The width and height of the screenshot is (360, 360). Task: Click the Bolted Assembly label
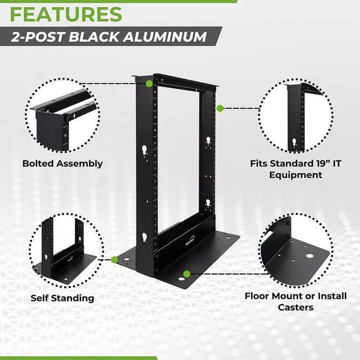(62, 164)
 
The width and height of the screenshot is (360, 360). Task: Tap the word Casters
(295, 307)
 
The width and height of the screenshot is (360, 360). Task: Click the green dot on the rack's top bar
(148, 84)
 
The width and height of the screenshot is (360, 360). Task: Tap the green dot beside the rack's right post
(220, 107)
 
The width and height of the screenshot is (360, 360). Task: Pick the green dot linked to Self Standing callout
(115, 259)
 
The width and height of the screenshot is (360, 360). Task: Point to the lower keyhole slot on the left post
(145, 237)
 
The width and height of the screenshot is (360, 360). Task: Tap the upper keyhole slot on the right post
(208, 140)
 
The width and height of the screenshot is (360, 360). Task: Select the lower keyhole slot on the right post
(208, 202)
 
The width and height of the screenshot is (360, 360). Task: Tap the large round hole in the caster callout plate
(309, 256)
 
